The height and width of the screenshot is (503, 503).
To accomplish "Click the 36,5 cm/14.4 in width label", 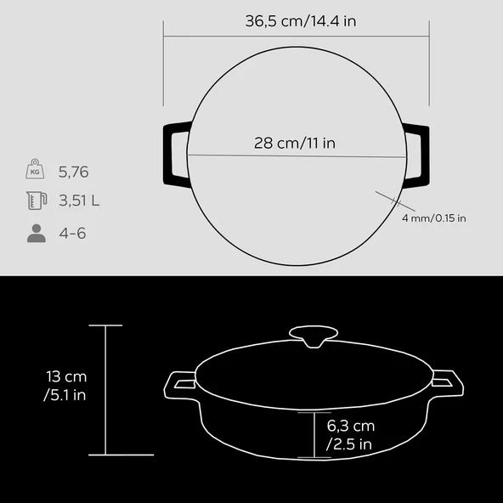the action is coord(301,21).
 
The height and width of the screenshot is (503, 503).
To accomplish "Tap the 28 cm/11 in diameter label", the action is coord(295,143).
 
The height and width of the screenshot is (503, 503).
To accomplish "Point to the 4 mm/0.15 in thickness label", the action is coord(433,218).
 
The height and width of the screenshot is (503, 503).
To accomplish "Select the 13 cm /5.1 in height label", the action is coord(65,386).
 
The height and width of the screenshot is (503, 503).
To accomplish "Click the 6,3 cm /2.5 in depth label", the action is coord(350,435).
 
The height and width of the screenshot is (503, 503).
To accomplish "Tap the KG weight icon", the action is coord(35,169).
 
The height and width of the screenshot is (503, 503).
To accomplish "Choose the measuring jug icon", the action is coord(37,201).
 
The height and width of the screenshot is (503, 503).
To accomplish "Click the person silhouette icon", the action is coord(37,233).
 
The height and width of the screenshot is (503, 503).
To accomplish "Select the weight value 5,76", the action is coord(73,172).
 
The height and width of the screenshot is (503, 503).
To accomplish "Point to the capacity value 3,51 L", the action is coord(79,201).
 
